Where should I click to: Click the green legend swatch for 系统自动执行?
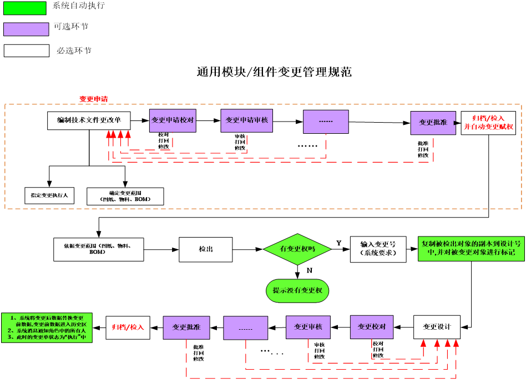(25, 7)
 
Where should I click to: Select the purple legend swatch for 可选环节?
(26, 29)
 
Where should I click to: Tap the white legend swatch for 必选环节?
(27, 51)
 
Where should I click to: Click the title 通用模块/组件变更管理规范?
(274, 72)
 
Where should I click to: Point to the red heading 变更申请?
(93, 99)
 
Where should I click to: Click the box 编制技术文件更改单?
(89, 120)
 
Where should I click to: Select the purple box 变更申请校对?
(173, 120)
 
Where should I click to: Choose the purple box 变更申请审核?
(246, 120)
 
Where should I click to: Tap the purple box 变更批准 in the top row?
(433, 123)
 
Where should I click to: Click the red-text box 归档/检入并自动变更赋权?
(488, 123)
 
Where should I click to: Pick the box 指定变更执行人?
(49, 195)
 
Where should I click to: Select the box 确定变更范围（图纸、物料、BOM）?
(125, 196)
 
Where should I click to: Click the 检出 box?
(205, 249)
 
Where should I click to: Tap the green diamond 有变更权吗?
(297, 249)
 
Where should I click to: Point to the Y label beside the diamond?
(338, 243)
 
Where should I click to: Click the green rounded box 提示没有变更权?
(297, 290)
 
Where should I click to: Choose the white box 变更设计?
(437, 326)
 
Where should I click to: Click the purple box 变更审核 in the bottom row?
(308, 327)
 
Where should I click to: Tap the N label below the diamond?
(309, 270)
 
